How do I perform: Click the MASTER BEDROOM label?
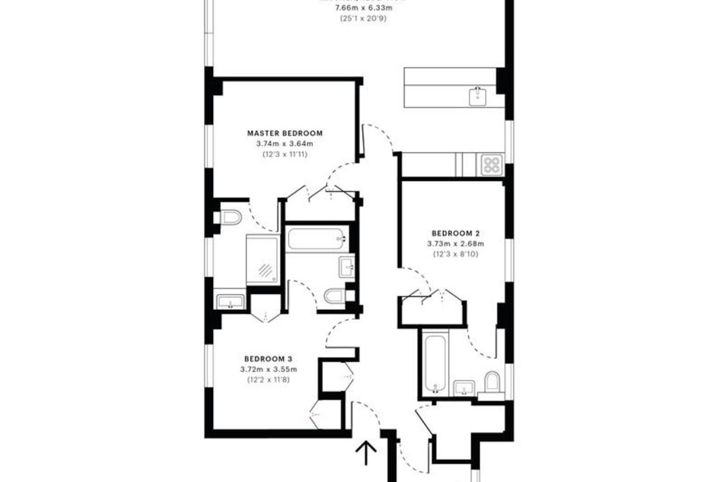285,133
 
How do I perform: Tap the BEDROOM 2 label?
455,233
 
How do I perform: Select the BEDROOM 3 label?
268,359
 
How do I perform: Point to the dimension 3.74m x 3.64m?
285,143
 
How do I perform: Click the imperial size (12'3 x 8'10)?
455,254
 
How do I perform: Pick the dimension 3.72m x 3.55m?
268,369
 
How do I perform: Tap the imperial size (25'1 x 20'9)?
363,18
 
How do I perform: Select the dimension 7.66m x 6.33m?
363,8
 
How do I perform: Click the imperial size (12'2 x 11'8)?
268,379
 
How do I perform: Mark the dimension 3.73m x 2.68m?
455,244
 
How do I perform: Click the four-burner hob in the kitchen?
490,164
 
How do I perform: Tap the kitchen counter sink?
479,96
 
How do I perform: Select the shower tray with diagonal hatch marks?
262,259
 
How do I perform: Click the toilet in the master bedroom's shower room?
229,216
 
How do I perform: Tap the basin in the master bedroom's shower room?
229,301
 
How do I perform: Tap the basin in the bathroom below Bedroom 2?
464,388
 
